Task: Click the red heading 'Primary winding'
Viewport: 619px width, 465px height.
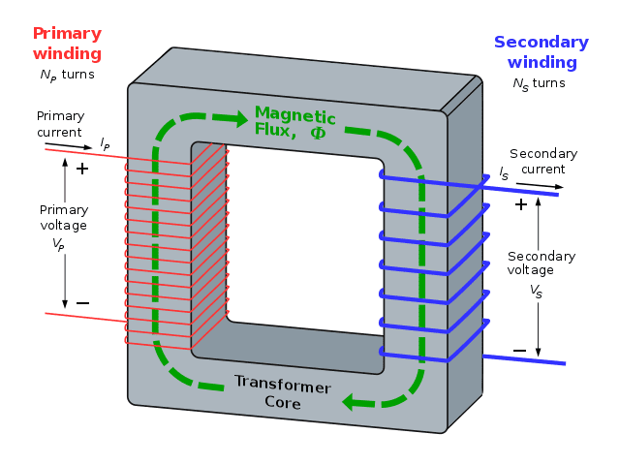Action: point(67,43)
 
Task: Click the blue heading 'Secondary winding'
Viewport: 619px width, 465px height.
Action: point(541,52)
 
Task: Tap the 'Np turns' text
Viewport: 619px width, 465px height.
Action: point(67,74)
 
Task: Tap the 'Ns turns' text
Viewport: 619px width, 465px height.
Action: point(539,83)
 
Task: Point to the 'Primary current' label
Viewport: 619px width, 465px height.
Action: point(60,124)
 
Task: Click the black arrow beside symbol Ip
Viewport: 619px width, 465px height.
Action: point(73,146)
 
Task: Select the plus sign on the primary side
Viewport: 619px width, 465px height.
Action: point(82,169)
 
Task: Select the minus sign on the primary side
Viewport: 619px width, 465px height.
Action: point(82,303)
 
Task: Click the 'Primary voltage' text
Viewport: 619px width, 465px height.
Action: point(64,217)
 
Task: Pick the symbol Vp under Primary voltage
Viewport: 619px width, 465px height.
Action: point(59,244)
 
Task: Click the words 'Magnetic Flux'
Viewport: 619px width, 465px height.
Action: point(291,121)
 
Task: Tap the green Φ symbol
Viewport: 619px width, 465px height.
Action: point(318,133)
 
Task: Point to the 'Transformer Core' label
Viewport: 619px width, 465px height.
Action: point(282,391)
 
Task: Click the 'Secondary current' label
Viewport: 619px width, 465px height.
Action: point(543,162)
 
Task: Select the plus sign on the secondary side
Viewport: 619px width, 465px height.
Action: point(521,204)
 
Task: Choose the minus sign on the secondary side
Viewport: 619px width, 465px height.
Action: point(519,350)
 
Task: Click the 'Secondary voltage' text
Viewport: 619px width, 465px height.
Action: point(542,263)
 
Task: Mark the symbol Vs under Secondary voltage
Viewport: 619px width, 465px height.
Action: point(536,291)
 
